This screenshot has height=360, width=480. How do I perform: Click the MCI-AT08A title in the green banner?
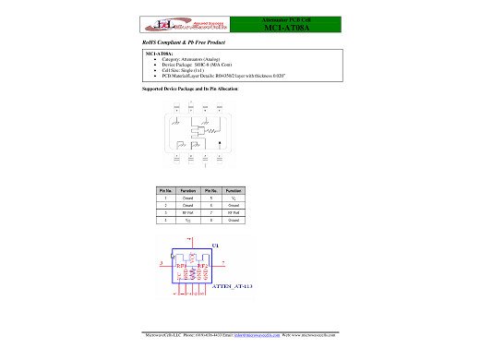[x=292, y=30]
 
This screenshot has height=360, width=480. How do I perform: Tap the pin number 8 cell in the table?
[x=212, y=221]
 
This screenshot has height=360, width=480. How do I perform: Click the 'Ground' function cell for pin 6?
[x=234, y=205]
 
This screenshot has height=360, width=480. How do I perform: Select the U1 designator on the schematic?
[x=216, y=245]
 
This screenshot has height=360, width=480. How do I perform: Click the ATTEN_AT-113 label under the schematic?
[x=233, y=287]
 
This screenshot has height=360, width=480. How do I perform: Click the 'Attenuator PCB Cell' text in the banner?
[x=292, y=19]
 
